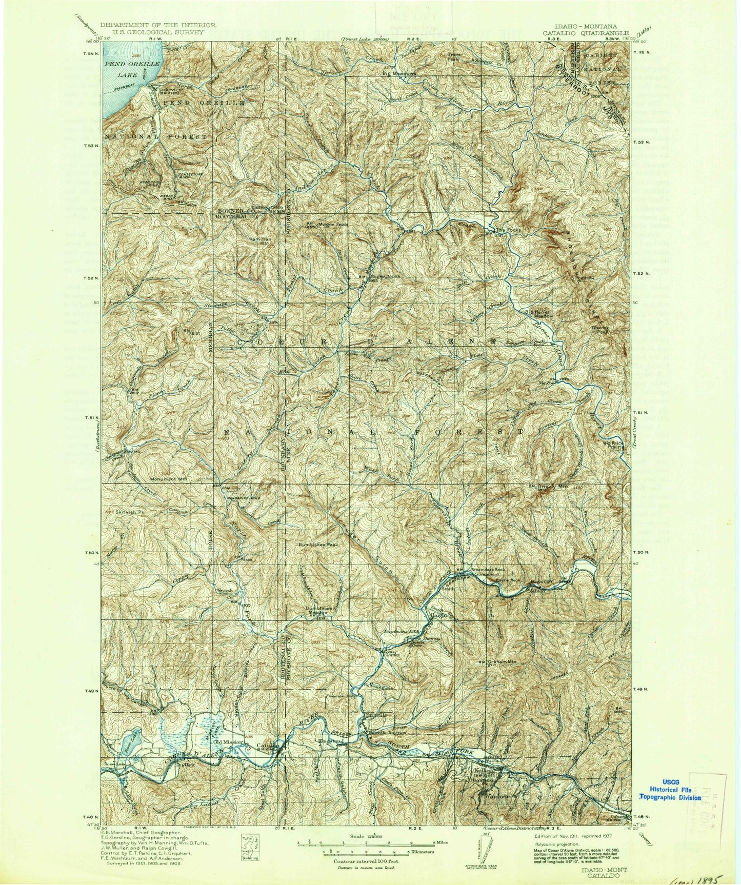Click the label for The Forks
click(x=508, y=230)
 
